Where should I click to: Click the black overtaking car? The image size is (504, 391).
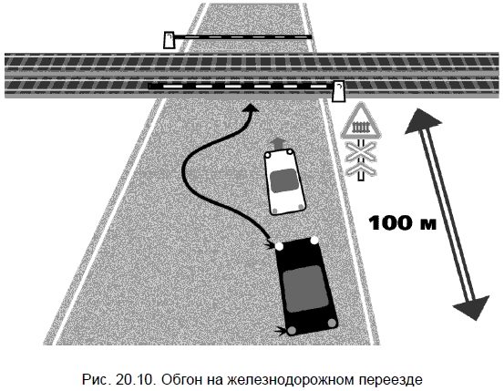pyautogui.click(x=305, y=286)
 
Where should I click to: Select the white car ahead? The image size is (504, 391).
pyautogui.click(x=284, y=181)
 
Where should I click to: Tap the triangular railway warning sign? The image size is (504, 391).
pyautogui.click(x=361, y=123)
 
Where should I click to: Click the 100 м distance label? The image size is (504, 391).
pyautogui.click(x=403, y=222)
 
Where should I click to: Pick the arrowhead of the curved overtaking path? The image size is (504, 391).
pyautogui.click(x=250, y=108)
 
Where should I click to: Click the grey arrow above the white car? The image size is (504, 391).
pyautogui.click(x=278, y=144)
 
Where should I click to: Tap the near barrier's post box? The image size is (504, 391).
pyautogui.click(x=338, y=91)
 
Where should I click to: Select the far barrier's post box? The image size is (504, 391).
pyautogui.click(x=169, y=40)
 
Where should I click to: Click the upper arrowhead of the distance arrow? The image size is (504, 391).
pyautogui.click(x=421, y=121)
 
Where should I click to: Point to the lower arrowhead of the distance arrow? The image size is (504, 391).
pyautogui.click(x=472, y=307)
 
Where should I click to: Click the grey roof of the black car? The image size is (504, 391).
pyautogui.click(x=305, y=289)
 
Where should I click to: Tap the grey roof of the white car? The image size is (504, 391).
pyautogui.click(x=283, y=180)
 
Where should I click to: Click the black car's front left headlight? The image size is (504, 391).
pyautogui.click(x=279, y=247)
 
